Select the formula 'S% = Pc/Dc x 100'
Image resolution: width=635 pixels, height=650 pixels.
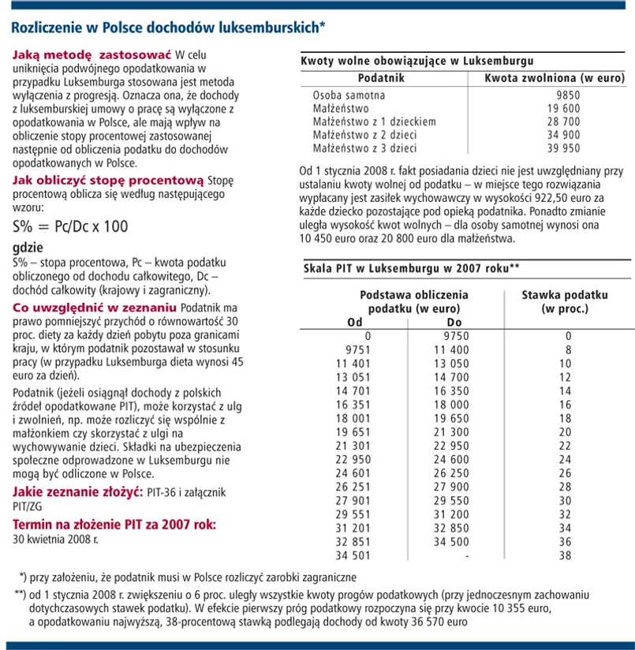coord(69,226)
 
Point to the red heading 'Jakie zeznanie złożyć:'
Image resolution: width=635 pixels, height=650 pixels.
coord(78,492)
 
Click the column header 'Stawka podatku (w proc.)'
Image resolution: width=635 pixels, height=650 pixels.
coord(565,301)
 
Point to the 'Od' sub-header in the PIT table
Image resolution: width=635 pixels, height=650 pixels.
coord(357,322)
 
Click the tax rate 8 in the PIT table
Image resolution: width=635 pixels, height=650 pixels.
coord(565,349)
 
